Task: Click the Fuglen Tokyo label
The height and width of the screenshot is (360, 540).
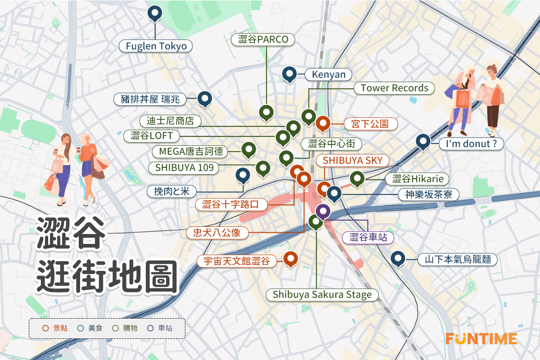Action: (x=156, y=46)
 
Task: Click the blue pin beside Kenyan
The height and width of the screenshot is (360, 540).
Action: (x=289, y=73)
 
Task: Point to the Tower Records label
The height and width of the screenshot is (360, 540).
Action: (x=394, y=88)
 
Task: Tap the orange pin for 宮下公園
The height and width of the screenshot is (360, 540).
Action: (x=323, y=122)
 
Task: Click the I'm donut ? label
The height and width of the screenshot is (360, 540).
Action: (x=471, y=144)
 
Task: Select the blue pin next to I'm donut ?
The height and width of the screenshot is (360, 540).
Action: (x=422, y=141)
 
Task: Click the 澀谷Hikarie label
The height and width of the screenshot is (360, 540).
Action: (x=418, y=179)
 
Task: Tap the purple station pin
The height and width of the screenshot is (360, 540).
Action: (x=323, y=210)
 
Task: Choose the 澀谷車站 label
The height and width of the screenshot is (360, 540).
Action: (x=368, y=237)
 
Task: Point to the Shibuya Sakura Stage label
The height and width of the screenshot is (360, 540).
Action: (x=322, y=295)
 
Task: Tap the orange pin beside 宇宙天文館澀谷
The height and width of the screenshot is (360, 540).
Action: (x=291, y=259)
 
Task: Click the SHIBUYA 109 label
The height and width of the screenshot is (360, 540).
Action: (x=184, y=168)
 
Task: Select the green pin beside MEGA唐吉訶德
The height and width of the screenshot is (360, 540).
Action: (x=248, y=149)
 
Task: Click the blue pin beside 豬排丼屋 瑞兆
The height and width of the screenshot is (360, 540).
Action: (x=205, y=98)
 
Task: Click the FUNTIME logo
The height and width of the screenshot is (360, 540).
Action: (x=481, y=338)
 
